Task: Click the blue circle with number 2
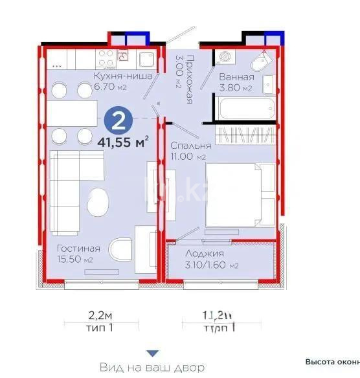(119, 120)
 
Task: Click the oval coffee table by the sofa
(96, 203)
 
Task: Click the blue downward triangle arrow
(152, 353)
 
